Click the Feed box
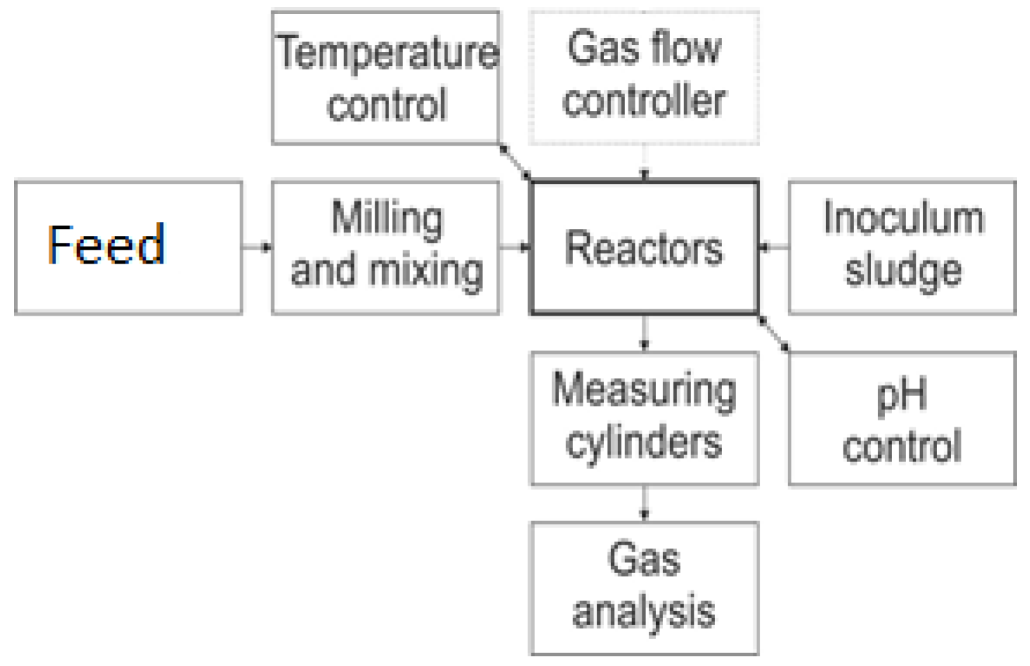click(128, 248)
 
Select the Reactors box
click(644, 248)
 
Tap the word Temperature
click(387, 53)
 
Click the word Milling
click(387, 219)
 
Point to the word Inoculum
click(903, 218)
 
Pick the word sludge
click(903, 271)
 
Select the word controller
click(644, 101)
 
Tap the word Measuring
click(644, 390)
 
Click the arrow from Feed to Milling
click(257, 246)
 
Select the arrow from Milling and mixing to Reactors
click(515, 246)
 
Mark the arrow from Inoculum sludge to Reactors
click(773, 246)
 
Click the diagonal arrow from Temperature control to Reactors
click(515, 161)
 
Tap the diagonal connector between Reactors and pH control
click(773, 333)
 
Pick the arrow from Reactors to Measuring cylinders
click(644, 333)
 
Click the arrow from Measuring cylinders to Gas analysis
click(644, 504)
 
